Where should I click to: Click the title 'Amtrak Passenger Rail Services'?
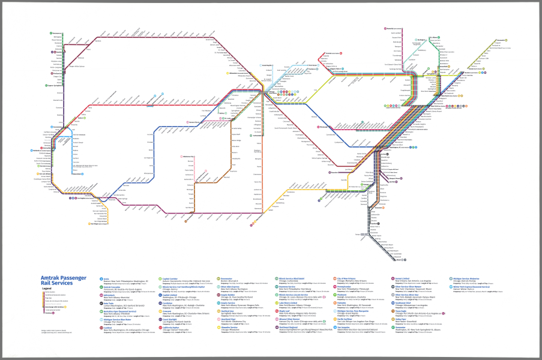tap(63, 280)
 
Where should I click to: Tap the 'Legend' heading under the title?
tap(46, 289)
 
